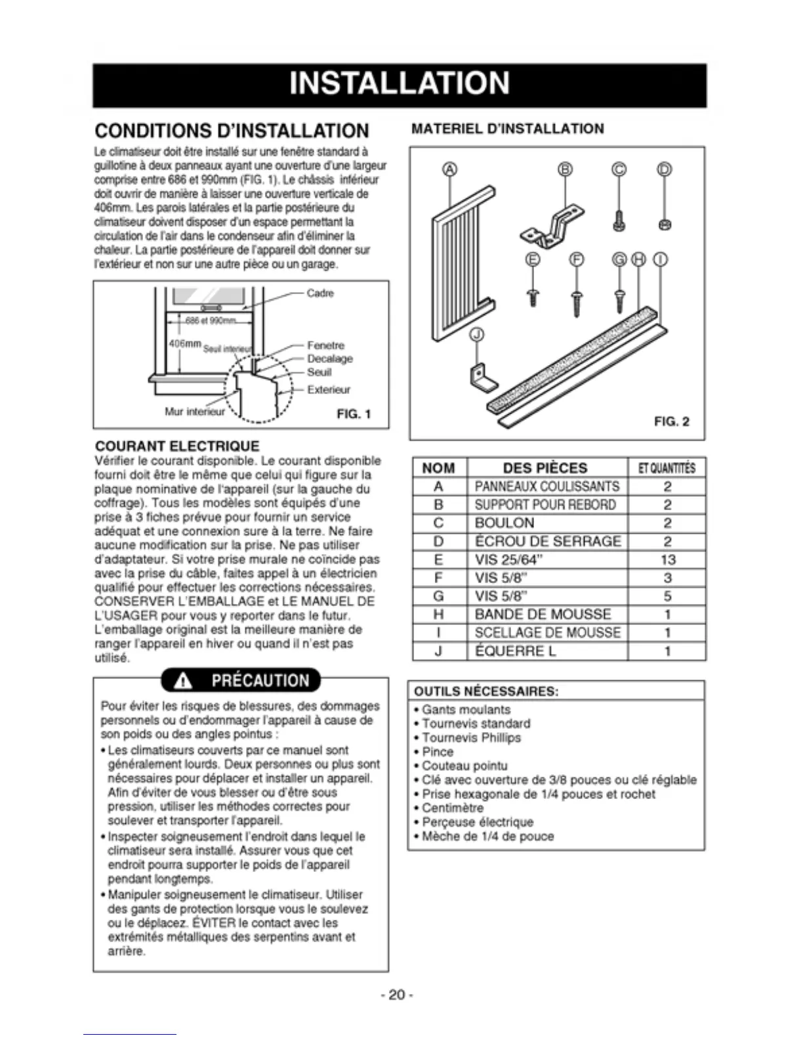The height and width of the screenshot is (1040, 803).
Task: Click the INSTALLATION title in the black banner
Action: pos(399,84)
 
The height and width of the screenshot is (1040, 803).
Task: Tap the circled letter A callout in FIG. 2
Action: pos(449,169)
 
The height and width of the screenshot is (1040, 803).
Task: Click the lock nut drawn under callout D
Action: pos(664,225)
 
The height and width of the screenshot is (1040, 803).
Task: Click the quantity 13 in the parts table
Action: pos(667,559)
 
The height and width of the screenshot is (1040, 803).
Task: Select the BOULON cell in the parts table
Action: pos(504,523)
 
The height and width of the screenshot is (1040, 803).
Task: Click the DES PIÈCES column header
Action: pos(545,467)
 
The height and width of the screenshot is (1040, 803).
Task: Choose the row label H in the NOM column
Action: pos(439,615)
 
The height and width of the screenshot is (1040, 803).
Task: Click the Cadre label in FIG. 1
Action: pos(320,293)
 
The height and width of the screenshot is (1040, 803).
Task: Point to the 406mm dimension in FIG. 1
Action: pos(184,343)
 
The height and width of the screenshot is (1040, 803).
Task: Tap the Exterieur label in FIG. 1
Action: pos(329,389)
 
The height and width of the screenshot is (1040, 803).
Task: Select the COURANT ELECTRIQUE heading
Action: pos(177,446)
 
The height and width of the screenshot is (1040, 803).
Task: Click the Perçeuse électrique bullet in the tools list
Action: pos(478,822)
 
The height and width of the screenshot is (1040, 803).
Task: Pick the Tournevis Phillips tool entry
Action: pos(471,737)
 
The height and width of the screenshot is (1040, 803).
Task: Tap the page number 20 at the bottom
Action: pos(397,994)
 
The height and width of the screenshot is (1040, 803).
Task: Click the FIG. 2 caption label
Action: pos(671,422)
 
